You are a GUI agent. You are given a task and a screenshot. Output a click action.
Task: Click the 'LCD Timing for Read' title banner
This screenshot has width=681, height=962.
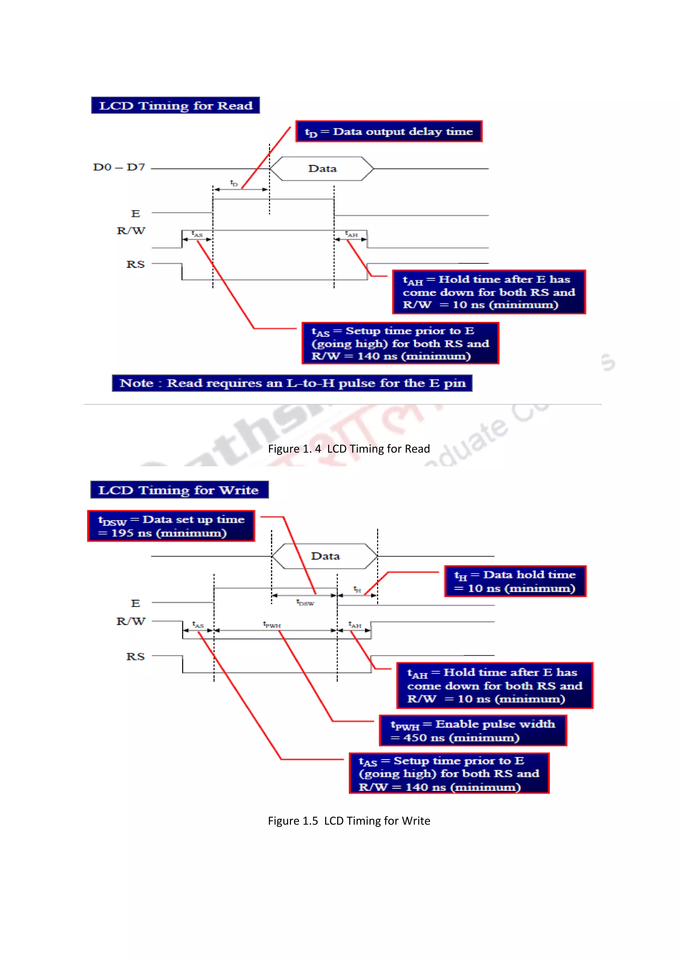[x=175, y=105]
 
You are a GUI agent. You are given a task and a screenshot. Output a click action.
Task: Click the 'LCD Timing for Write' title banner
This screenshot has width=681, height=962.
[x=179, y=489]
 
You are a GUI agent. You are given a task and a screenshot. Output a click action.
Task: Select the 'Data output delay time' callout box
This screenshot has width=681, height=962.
[x=389, y=132]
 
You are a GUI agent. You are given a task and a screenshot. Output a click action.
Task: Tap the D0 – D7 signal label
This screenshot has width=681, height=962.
[x=119, y=167]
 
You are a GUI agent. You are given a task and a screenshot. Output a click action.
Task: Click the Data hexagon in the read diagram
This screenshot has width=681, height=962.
[x=322, y=168]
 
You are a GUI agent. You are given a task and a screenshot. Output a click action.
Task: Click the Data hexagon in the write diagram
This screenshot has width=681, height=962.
[x=325, y=556]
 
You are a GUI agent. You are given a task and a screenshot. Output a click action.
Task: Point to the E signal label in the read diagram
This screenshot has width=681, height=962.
[x=135, y=214]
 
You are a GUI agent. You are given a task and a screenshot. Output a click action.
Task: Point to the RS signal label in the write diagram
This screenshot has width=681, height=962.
[x=135, y=656]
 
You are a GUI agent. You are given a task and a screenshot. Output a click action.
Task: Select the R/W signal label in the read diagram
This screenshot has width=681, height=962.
[x=131, y=231]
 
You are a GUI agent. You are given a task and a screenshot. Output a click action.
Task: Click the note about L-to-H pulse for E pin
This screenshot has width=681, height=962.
[x=292, y=383]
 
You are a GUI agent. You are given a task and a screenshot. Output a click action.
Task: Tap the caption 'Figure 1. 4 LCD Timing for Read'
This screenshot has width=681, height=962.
[x=349, y=449]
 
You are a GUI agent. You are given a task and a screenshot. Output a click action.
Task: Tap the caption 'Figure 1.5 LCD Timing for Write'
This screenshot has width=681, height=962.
[x=349, y=820]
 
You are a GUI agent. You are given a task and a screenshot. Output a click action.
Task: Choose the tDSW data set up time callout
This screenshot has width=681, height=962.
[x=171, y=526]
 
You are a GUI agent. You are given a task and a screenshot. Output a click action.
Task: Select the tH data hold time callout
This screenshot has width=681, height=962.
[x=515, y=581]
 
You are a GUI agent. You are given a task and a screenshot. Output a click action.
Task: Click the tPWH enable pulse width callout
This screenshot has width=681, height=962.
[x=473, y=730]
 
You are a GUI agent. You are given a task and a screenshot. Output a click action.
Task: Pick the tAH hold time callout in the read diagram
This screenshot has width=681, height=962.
[x=488, y=292]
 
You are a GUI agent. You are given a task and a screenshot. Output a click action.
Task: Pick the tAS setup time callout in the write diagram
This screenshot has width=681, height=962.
[x=449, y=773]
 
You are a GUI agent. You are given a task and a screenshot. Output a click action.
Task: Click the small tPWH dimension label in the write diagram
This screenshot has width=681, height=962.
[x=272, y=625]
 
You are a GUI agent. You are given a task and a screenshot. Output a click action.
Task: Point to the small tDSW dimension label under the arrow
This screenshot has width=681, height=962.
[x=305, y=603]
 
